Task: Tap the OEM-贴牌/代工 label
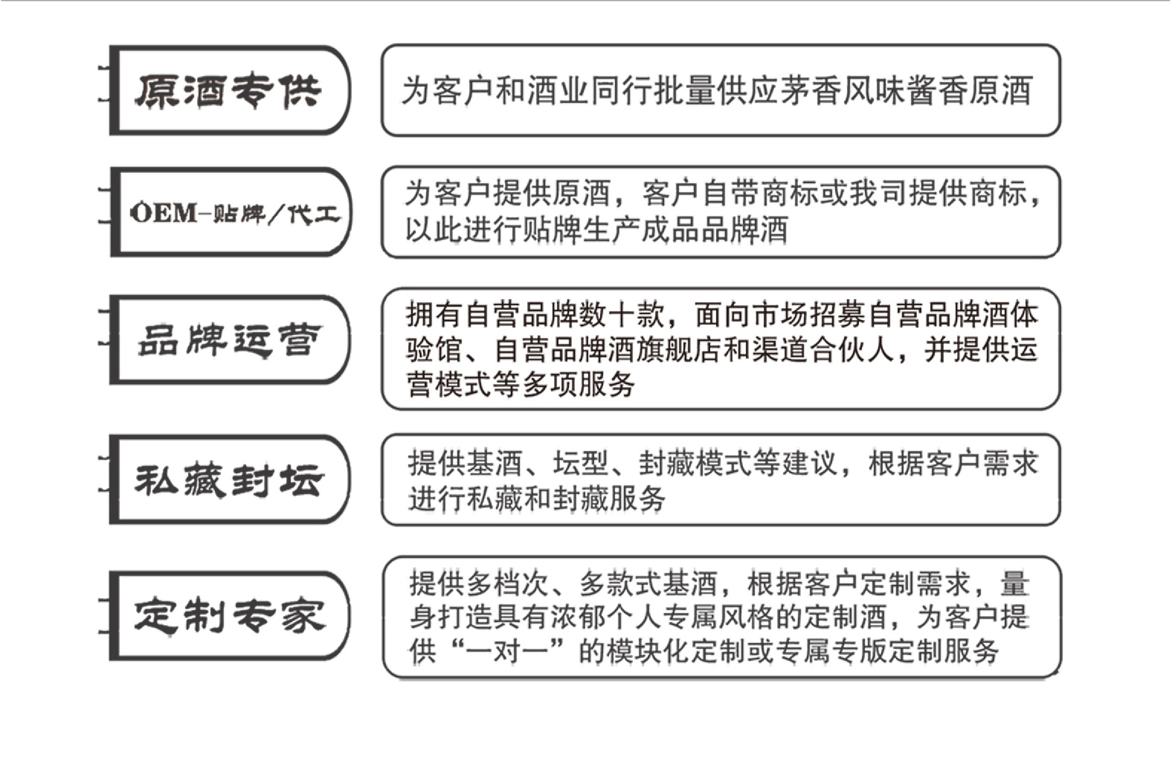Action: (234, 213)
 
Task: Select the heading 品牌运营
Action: (228, 340)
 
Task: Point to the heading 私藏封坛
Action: (228, 480)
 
